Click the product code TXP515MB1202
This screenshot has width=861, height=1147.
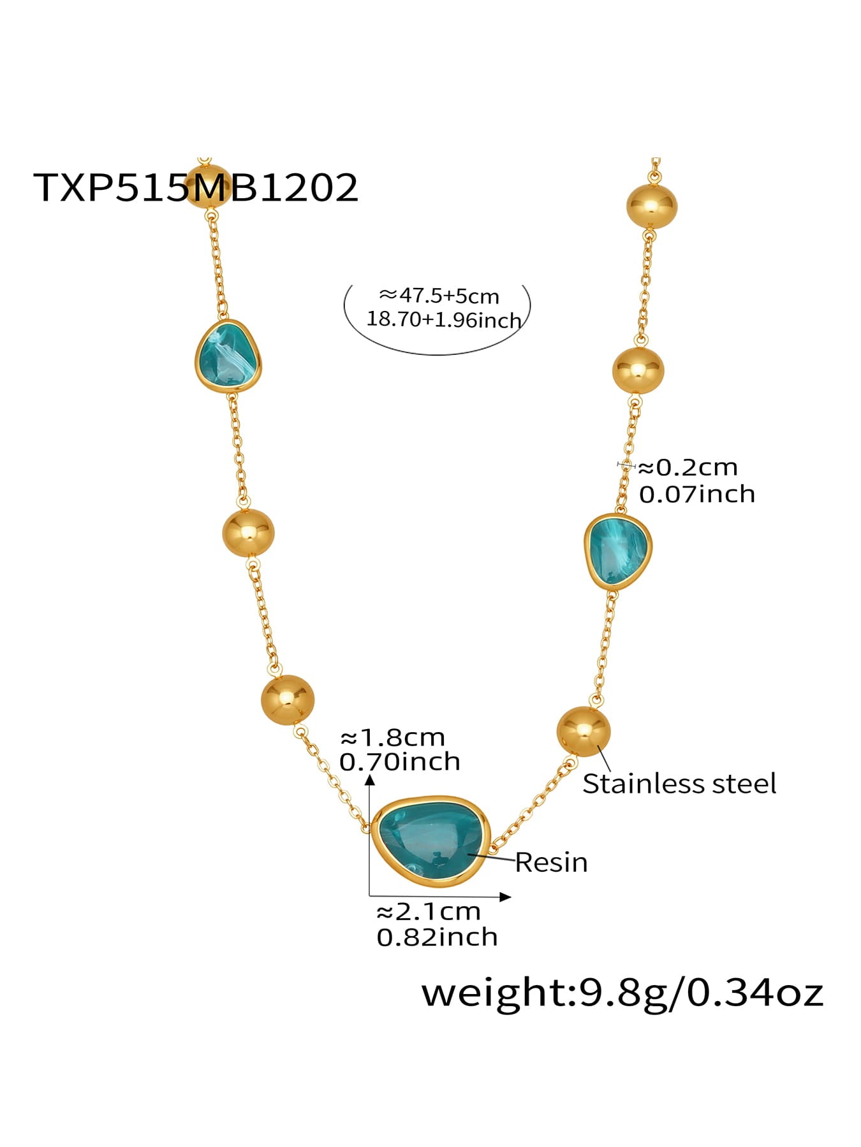pyautogui.click(x=195, y=187)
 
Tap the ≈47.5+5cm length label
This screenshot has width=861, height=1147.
pyautogui.click(x=439, y=296)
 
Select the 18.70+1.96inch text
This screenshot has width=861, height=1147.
pyautogui.click(x=444, y=319)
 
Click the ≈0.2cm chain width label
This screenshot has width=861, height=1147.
pyautogui.click(x=688, y=468)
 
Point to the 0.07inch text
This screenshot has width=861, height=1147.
pyautogui.click(x=696, y=494)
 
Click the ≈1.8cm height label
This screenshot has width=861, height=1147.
pyautogui.click(x=392, y=738)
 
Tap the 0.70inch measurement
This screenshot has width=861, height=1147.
pyautogui.click(x=399, y=762)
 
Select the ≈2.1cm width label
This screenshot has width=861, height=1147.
pyautogui.click(x=428, y=912)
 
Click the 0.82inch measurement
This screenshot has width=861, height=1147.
pyautogui.click(x=437, y=937)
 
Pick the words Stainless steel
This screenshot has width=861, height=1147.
pyautogui.click(x=679, y=784)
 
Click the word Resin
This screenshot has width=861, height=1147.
pyautogui.click(x=551, y=863)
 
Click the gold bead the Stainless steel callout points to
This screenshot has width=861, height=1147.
pyautogui.click(x=584, y=732)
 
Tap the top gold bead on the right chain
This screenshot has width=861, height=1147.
pyautogui.click(x=651, y=205)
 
